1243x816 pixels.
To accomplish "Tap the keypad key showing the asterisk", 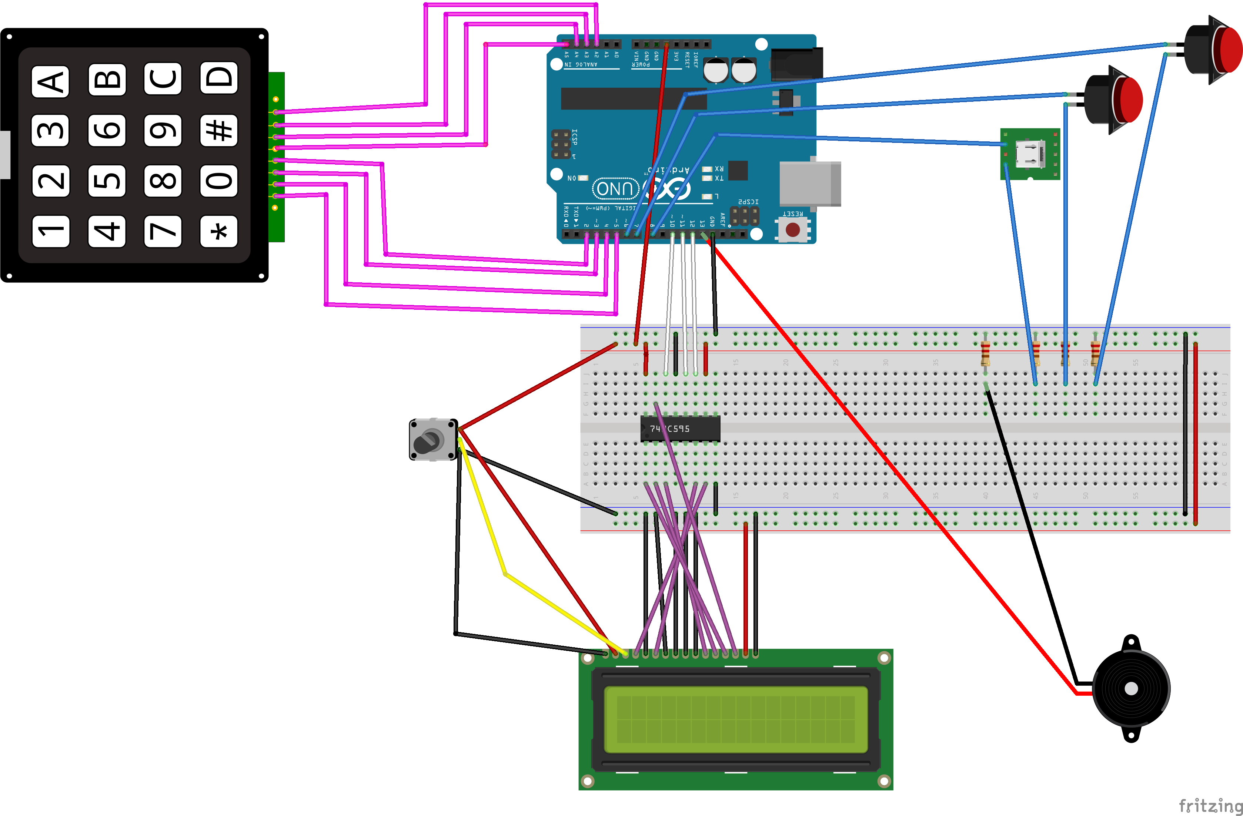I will (x=219, y=231).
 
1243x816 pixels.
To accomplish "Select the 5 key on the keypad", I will (x=107, y=181).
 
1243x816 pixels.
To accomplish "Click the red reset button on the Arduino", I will (x=792, y=229).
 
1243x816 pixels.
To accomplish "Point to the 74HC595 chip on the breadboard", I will (x=680, y=429).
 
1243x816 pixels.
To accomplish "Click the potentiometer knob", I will (x=427, y=441).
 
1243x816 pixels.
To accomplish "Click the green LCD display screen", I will (x=735, y=719).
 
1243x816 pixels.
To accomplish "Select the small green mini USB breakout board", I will (x=1029, y=154).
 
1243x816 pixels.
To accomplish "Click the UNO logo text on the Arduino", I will (x=615, y=188).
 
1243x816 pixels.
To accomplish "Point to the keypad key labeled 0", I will (x=219, y=181).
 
